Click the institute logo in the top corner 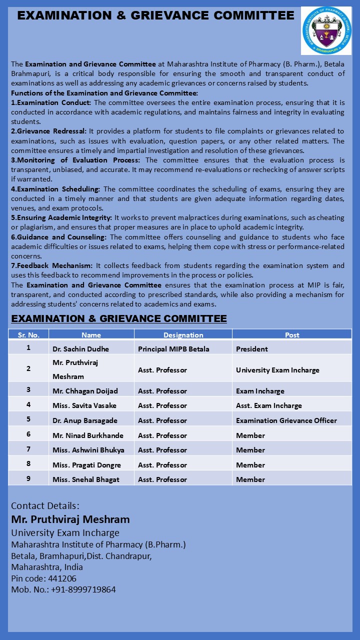point(326,31)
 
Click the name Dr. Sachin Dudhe point(80,349)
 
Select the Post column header point(292,335)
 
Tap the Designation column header point(183,335)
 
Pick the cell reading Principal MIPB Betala point(173,349)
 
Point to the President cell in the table point(252,349)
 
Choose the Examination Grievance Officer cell point(286,420)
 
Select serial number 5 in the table point(28,419)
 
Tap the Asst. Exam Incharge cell point(269,405)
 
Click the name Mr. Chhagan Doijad point(85,391)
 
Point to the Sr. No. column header point(28,335)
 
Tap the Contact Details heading point(45,505)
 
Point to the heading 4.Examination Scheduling point(55,189)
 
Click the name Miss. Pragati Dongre point(86,465)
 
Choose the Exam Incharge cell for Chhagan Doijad point(260,391)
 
